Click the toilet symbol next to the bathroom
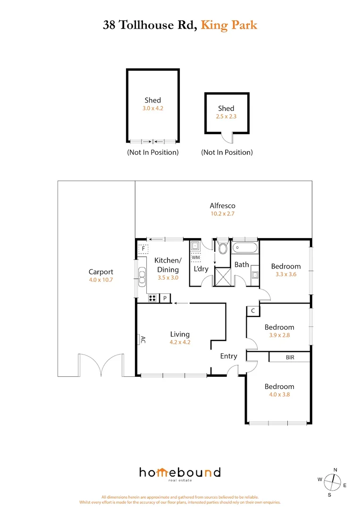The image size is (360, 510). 222,248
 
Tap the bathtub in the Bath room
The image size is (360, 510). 245,247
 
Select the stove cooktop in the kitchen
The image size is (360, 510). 152,298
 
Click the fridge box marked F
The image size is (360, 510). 143,248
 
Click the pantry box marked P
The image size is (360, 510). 165,298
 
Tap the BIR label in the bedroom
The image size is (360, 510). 290,357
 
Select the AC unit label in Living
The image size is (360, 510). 141,340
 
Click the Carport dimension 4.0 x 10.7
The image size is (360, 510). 100,280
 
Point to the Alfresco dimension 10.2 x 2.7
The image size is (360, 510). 222,213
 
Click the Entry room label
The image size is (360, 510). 228,356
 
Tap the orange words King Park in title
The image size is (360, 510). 229,25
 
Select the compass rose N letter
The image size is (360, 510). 335,470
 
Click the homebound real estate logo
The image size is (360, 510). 179,474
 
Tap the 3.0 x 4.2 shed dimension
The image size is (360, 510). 152,108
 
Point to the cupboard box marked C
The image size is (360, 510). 253,311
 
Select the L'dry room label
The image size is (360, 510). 201,269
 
